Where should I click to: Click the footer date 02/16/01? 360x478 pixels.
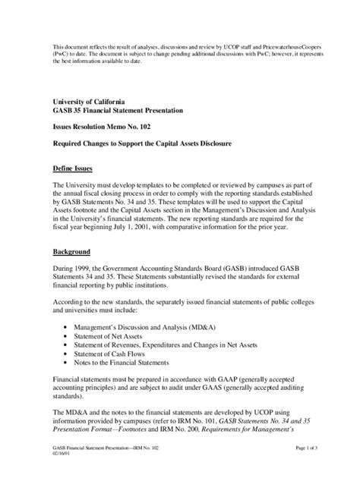tap(62, 456)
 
